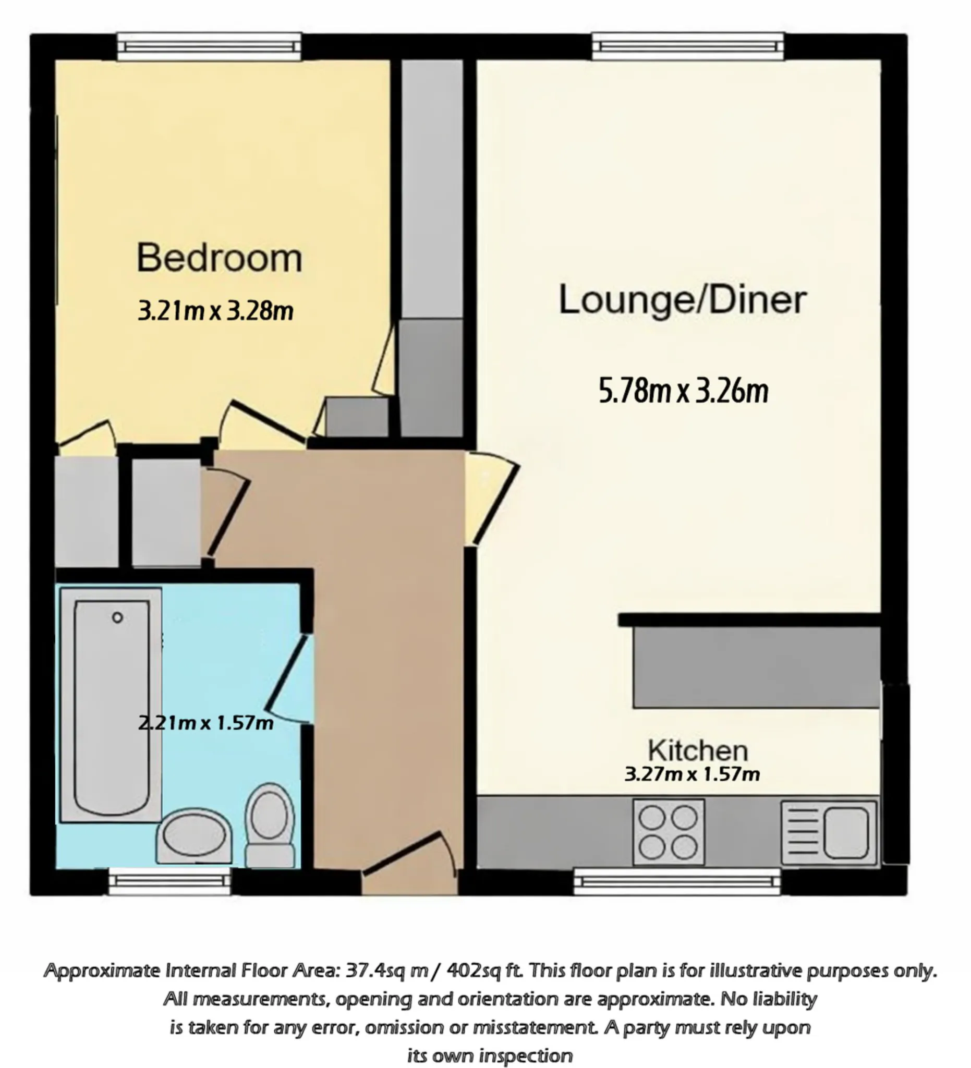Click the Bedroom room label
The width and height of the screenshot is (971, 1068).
click(x=220, y=258)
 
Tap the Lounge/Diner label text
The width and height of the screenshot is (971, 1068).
click(x=683, y=300)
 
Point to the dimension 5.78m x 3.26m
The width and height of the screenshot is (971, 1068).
click(x=683, y=391)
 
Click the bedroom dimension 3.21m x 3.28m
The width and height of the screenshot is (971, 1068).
click(x=215, y=310)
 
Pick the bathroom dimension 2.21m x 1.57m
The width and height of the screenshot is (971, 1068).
click(x=205, y=723)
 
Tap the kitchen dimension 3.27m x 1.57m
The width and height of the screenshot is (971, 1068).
click(x=693, y=774)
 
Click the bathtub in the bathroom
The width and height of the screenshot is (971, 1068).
click(x=111, y=705)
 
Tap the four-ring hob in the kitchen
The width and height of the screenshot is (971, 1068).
click(x=669, y=832)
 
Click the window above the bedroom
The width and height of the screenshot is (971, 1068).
click(x=209, y=46)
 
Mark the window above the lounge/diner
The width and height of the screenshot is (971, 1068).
click(x=688, y=46)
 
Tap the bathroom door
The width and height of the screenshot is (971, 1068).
click(x=287, y=680)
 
